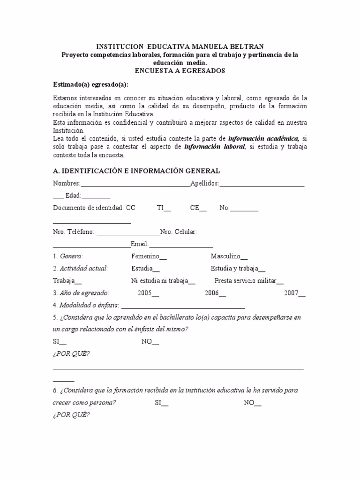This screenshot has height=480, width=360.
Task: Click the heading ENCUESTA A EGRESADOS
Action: [180, 71]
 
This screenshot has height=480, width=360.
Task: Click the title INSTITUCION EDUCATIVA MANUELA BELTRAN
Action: [180, 47]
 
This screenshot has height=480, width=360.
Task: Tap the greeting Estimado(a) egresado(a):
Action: [90, 84]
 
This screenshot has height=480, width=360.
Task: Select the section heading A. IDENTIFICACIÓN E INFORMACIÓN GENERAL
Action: [136, 171]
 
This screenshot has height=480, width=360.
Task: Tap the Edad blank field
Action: [96, 196]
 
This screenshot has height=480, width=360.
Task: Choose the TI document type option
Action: [164, 208]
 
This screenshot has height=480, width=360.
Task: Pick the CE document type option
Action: [198, 208]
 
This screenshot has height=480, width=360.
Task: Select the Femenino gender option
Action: [149, 256]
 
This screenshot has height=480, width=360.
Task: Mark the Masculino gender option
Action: [229, 256]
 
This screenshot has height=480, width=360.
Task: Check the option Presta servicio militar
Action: [249, 281]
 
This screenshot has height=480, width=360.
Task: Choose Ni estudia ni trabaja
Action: [163, 281]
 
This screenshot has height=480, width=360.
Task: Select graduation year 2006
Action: [215, 293]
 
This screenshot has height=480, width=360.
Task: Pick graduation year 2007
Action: [295, 293]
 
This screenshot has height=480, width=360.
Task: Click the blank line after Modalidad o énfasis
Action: [183, 306]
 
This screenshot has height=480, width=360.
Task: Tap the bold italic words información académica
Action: [264, 139]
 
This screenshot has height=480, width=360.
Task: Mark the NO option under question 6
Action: [253, 403]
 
